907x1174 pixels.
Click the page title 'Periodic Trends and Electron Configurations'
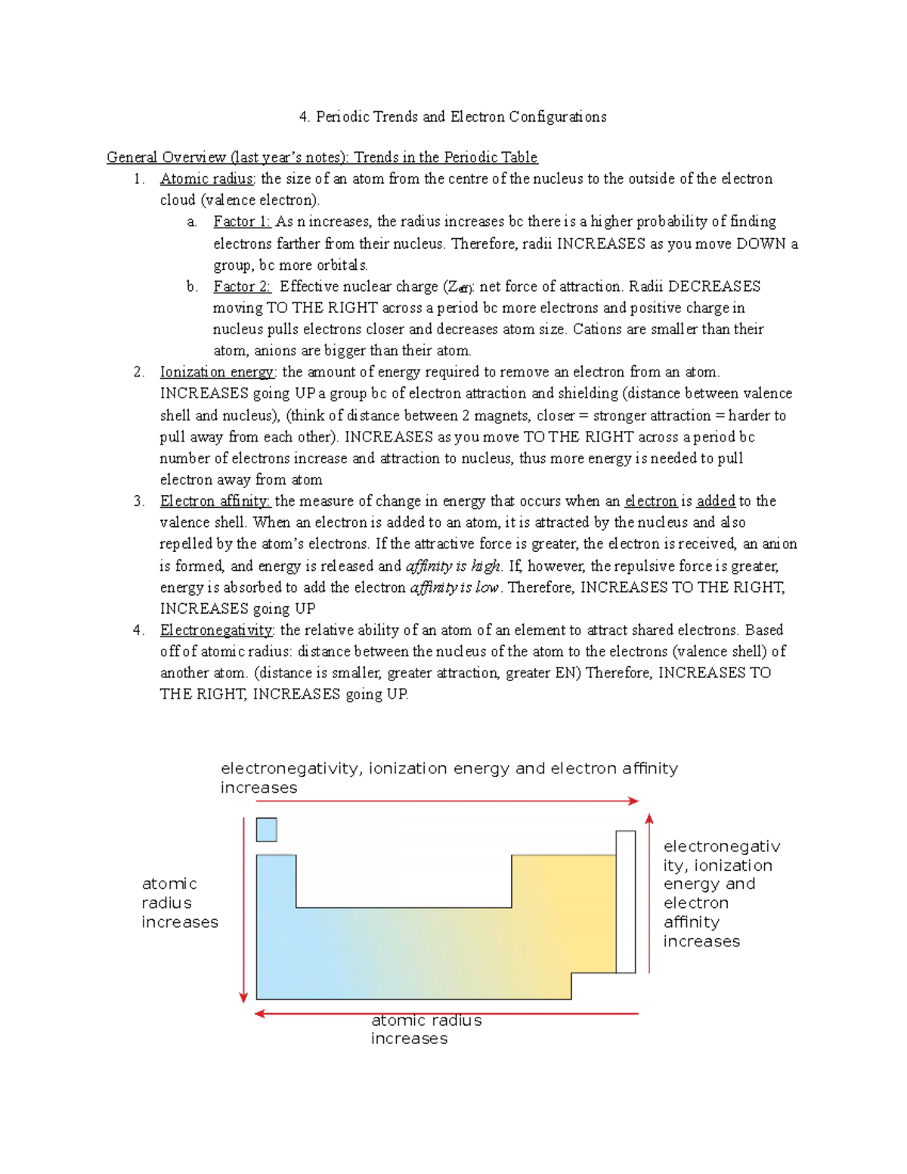[x=460, y=116]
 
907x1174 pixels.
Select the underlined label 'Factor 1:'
[x=241, y=221]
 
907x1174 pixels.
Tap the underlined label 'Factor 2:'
[x=241, y=287]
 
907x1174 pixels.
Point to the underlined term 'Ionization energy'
[x=218, y=372]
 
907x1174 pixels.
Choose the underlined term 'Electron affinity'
[x=215, y=501]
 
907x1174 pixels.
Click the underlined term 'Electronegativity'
[x=217, y=630]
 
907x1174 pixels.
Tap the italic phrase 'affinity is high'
[x=453, y=566]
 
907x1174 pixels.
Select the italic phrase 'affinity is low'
[x=454, y=587]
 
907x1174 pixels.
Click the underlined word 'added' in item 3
[x=715, y=501]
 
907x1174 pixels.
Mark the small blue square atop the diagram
[x=266, y=829]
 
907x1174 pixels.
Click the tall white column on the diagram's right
[x=625, y=901]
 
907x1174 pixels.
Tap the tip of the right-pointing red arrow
[x=637, y=801]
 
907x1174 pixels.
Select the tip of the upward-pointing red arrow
[x=649, y=816]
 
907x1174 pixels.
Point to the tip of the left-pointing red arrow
[x=258, y=1014]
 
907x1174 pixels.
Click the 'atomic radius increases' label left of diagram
[x=179, y=903]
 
